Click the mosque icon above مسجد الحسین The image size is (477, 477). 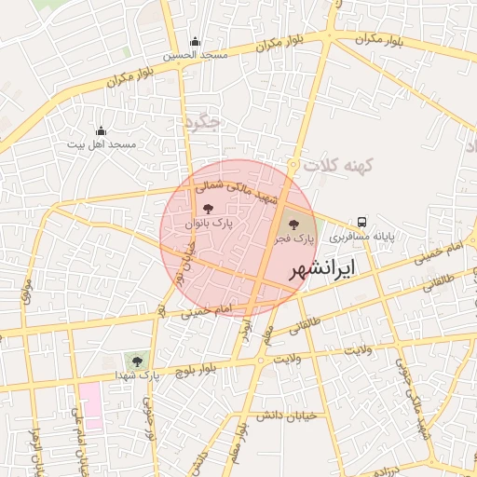pyautogui.click(x=195, y=41)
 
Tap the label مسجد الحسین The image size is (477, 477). pyautogui.click(x=196, y=56)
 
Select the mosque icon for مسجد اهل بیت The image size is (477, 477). pyautogui.click(x=101, y=130)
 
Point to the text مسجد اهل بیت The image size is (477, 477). pyautogui.click(x=102, y=145)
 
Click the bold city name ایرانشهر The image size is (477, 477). pyautogui.click(x=322, y=269)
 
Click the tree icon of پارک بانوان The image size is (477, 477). pyautogui.click(x=207, y=210)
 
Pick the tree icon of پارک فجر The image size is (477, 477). pyautogui.click(x=294, y=225)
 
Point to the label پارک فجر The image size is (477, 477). pyautogui.click(x=293, y=239)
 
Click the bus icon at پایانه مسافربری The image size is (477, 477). pyautogui.click(x=361, y=223)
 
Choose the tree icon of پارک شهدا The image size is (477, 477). pyautogui.click(x=138, y=361)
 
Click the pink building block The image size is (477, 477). pyautogui.click(x=90, y=403)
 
